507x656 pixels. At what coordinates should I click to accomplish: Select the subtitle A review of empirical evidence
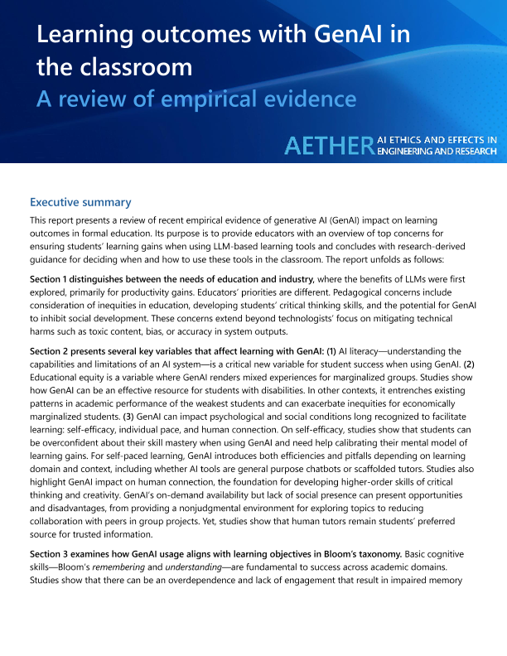point(196,99)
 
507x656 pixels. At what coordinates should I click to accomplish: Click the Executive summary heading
point(80,202)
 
